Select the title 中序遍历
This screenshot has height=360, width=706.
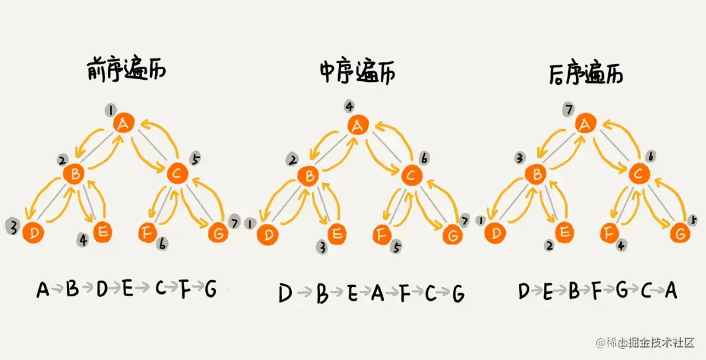coord(357,72)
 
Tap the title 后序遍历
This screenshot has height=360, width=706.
coord(585,74)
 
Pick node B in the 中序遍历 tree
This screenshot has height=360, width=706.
coord(307,176)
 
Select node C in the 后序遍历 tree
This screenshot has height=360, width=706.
coord(638,175)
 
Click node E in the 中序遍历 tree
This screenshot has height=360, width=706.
coord(337,234)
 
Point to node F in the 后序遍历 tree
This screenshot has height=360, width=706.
coord(609,234)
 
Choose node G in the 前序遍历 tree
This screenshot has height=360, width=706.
coord(217,234)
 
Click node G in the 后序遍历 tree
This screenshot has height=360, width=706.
coord(679,234)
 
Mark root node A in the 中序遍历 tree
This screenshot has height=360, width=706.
coord(357,126)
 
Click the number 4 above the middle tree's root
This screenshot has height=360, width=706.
coord(349,106)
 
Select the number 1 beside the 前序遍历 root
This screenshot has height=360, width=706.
coord(110,111)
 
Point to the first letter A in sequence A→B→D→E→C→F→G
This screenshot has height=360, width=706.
coord(43,289)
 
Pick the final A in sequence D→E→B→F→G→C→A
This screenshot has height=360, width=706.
coord(671,290)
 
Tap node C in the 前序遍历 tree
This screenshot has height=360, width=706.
coord(177,175)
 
